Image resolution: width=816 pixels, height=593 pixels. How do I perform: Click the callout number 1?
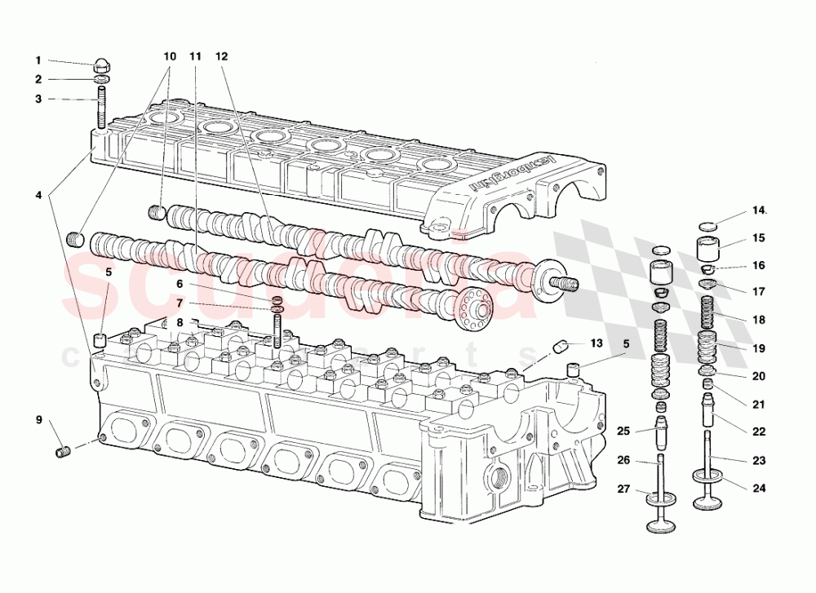click(x=38, y=60)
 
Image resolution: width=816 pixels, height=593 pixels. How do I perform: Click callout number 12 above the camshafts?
click(x=222, y=57)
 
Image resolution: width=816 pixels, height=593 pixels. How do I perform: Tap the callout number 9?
click(x=38, y=420)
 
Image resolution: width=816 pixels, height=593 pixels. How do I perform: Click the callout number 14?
click(x=760, y=210)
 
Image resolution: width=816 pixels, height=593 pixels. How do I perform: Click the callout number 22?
click(x=759, y=431)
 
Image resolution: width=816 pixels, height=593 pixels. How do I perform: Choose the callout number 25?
click(x=623, y=431)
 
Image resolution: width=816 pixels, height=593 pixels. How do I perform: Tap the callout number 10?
click(x=170, y=57)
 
